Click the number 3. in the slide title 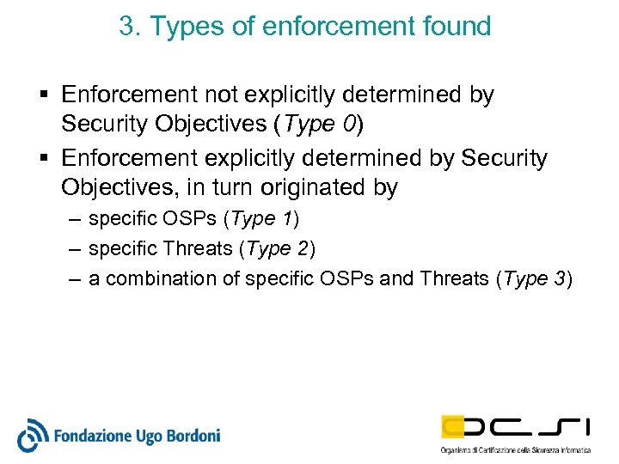click(130, 27)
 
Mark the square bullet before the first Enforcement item click(44, 95)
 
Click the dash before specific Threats click(74, 249)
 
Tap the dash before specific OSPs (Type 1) click(74, 219)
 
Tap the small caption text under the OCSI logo click(515, 450)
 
